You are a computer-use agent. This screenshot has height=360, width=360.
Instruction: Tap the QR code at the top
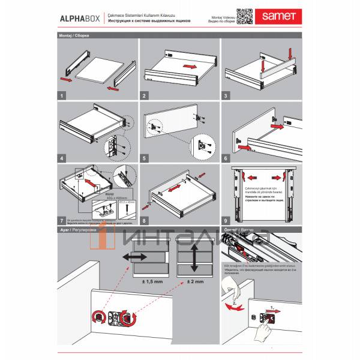[243, 16]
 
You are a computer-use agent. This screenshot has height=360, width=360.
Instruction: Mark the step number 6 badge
[227, 158]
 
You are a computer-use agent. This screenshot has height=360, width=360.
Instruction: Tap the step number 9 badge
[227, 220]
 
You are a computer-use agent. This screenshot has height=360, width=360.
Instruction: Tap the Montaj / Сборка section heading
[73, 36]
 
